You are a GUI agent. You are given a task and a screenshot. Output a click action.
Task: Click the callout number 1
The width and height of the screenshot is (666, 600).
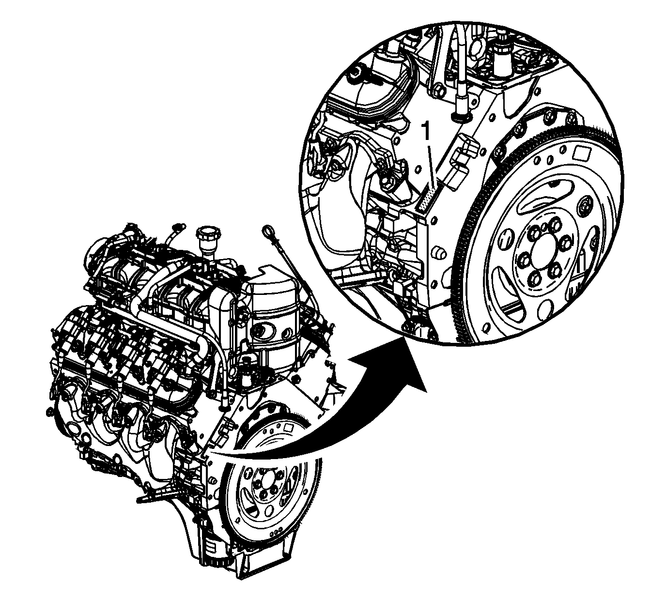point(426,131)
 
